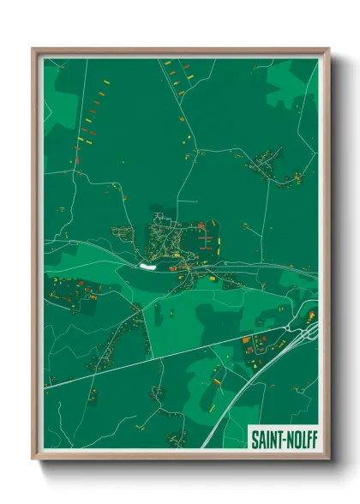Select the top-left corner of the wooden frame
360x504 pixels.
[x=34, y=50]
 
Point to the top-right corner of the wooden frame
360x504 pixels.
[x=327, y=50]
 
